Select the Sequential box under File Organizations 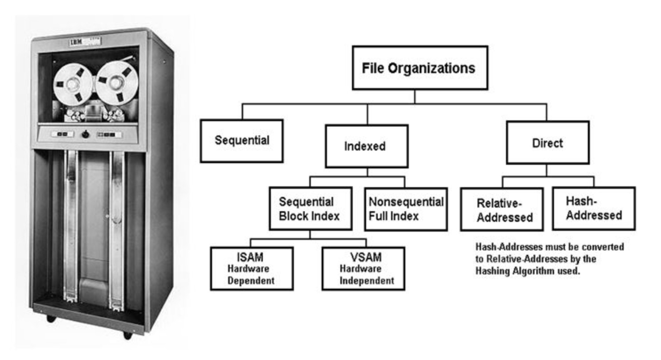pos(241,140)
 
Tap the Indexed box pos(366,146)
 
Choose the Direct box pos(547,143)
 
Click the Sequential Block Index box pos(310,209)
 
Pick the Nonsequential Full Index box pos(406,209)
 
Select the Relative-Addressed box pos(502,209)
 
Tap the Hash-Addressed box pos(594,208)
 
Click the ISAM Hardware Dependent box pos(251,269)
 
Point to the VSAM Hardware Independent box pos(363,269)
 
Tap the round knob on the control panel pos(85,134)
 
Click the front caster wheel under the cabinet pos(128,334)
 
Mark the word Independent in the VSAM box pos(367,281)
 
